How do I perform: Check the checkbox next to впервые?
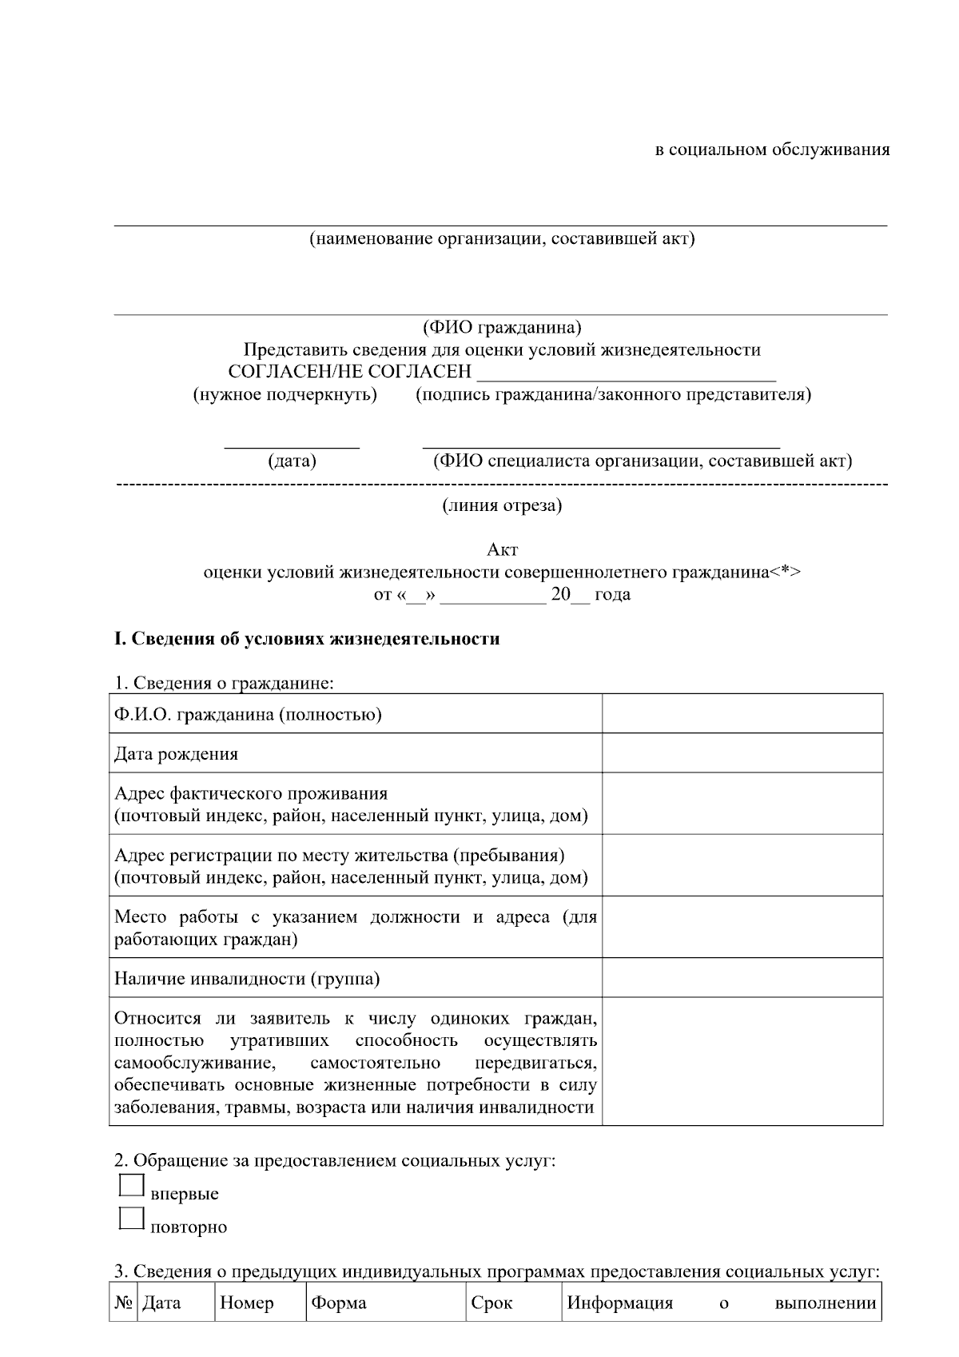tap(131, 1185)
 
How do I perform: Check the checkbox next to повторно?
tap(131, 1218)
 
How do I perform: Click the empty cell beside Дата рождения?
tap(742, 753)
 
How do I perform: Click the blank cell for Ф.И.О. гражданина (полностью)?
tap(742, 713)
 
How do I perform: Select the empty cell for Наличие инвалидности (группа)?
tap(742, 977)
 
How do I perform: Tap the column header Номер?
tap(247, 1303)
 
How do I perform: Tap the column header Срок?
tap(491, 1303)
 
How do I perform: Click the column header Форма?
tap(339, 1303)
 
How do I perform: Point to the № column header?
tap(123, 1303)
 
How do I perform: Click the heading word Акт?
tap(503, 550)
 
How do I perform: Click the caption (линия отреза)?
tap(502, 505)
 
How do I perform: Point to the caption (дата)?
tap(292, 461)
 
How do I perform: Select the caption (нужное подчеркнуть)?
tap(285, 395)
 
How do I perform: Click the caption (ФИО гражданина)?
tap(502, 328)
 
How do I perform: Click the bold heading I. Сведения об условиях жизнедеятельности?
tap(308, 639)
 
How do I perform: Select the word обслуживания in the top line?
tap(830, 150)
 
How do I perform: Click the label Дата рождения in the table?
tap(176, 754)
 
